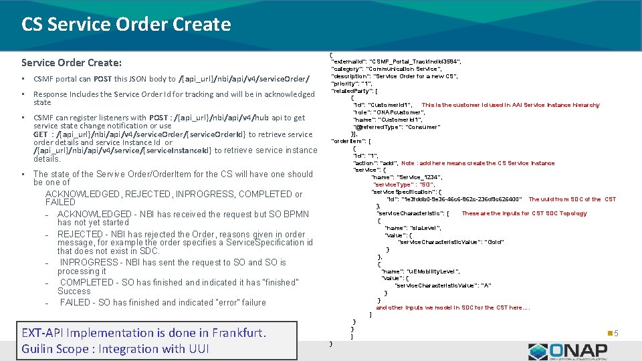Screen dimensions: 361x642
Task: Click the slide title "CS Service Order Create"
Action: [x=126, y=25]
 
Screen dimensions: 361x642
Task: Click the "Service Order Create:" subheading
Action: [x=72, y=63]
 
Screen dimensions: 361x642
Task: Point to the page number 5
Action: [x=616, y=333]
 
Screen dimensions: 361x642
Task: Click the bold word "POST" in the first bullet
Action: [x=102, y=79]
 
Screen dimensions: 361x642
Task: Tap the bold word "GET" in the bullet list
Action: [x=40, y=134]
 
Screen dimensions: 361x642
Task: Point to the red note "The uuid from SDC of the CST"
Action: [x=572, y=199]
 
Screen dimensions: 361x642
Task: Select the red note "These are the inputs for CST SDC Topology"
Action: [x=524, y=213]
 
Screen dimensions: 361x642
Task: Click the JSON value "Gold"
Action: [x=494, y=242]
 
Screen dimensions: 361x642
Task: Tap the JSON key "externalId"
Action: [x=348, y=62]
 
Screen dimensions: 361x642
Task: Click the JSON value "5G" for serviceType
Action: [x=427, y=185]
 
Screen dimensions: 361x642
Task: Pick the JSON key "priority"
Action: [x=344, y=84]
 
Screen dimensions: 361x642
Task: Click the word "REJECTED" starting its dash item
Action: [x=80, y=235]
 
